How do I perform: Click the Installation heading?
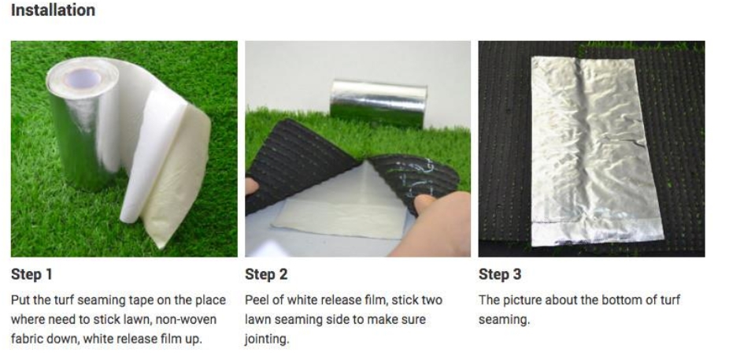pyautogui.click(x=53, y=10)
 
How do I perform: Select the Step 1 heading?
pyautogui.click(x=31, y=274)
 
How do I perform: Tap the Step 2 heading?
pyautogui.click(x=266, y=274)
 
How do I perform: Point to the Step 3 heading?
pyautogui.click(x=500, y=274)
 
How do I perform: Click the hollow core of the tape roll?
pyautogui.click(x=83, y=79)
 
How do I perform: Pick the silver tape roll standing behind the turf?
pyautogui.click(x=379, y=104)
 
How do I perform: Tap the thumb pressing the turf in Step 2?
pyautogui.click(x=425, y=204)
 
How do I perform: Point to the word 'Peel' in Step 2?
pyautogui.click(x=257, y=300)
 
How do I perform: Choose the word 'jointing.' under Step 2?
pyautogui.click(x=267, y=340)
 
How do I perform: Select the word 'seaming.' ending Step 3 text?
pyautogui.click(x=504, y=320)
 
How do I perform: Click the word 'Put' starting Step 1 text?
pyautogui.click(x=20, y=300)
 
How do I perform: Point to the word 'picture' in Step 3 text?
pyautogui.click(x=524, y=300)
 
